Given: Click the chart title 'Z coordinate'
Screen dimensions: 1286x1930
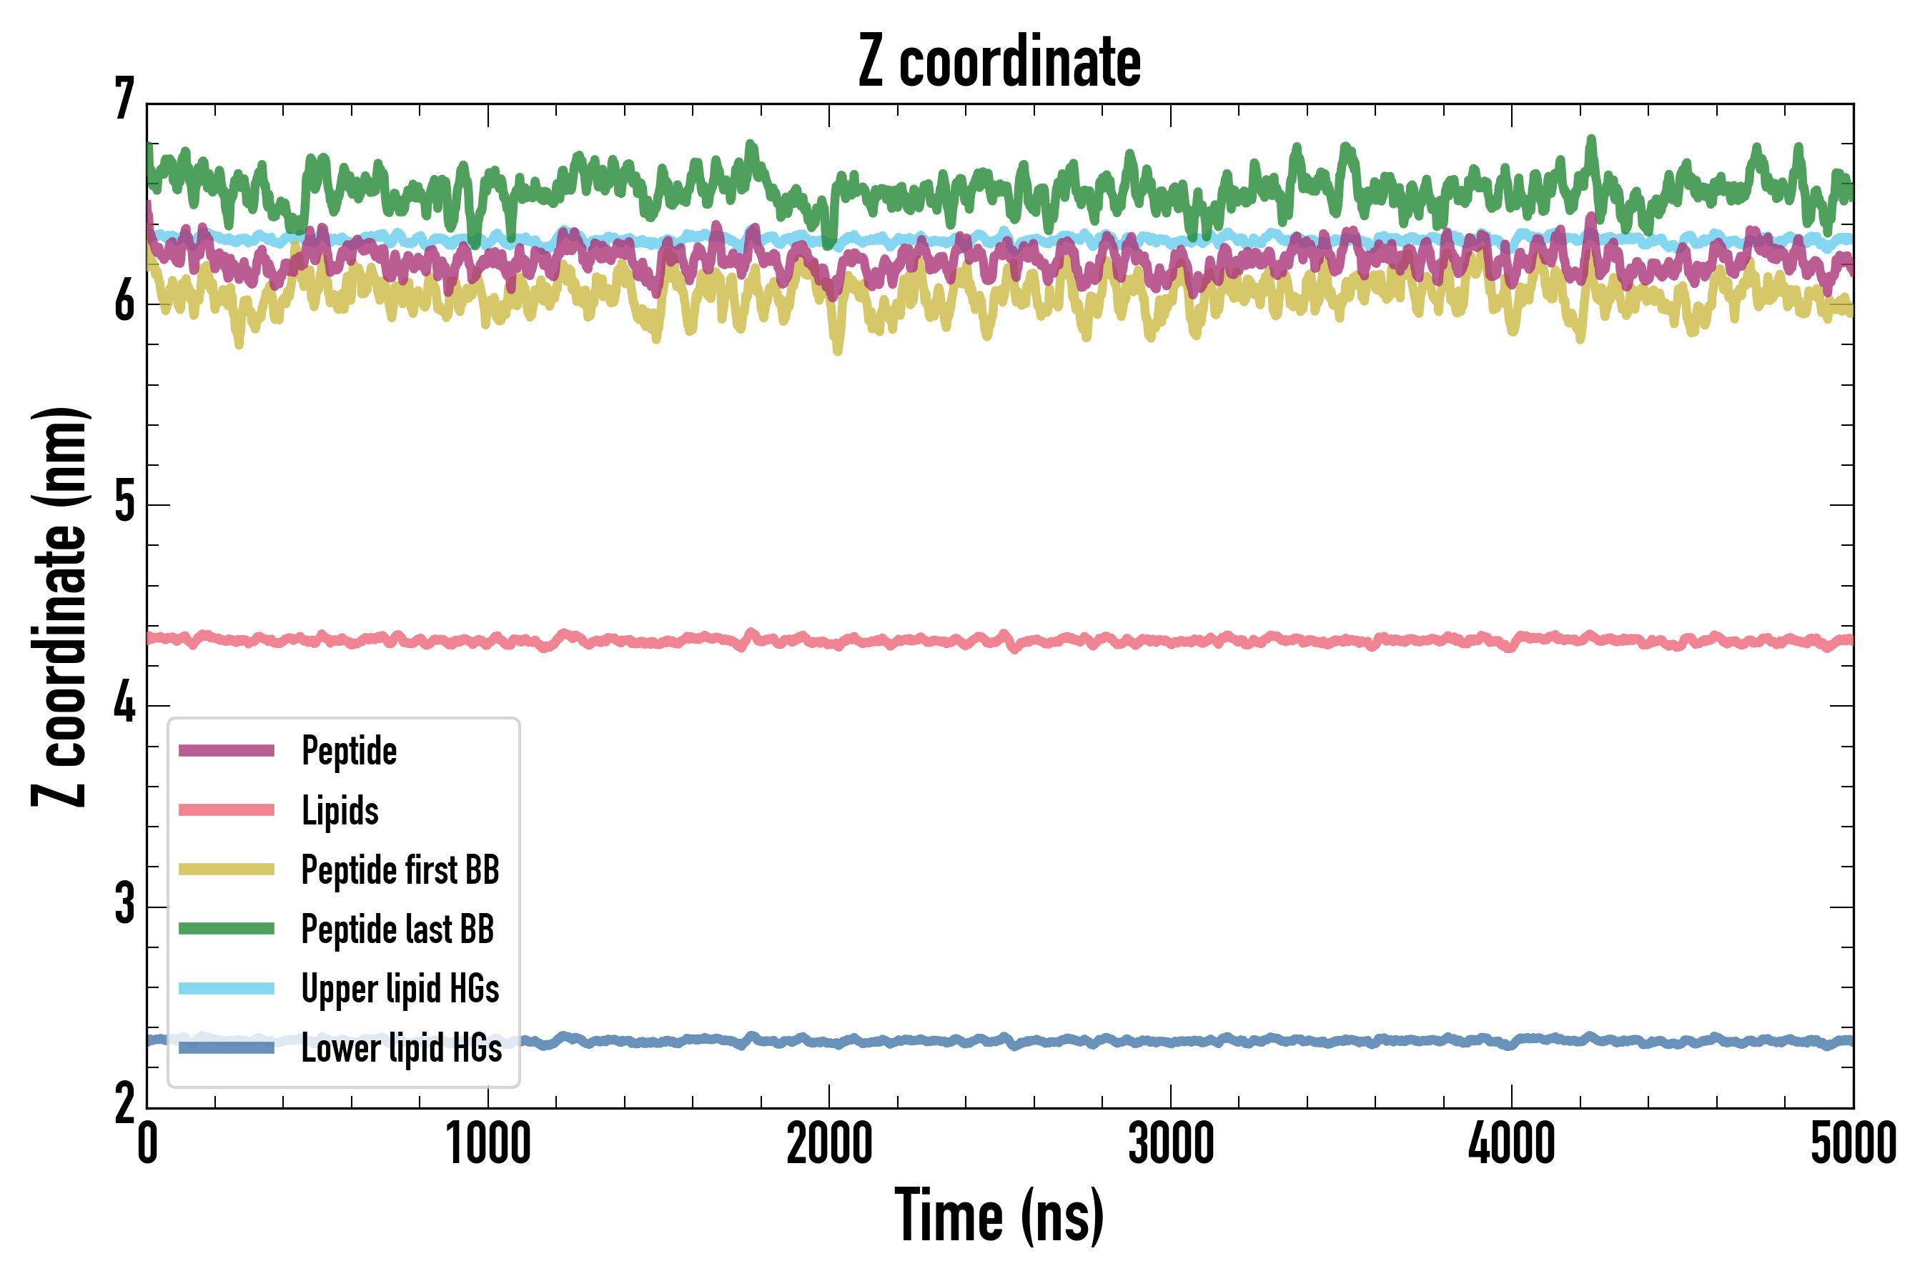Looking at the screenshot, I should coord(999,62).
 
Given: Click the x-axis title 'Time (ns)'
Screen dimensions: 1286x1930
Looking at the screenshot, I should coord(999,1215).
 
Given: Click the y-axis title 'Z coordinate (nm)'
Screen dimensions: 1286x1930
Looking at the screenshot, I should coord(59,607).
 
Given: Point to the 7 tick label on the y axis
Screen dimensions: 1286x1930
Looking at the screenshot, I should coord(124,100).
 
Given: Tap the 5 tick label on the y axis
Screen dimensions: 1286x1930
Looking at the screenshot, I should coord(124,502).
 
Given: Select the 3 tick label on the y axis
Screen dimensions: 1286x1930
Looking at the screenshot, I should coord(124,904).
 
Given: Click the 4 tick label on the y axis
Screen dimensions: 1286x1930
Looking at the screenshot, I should coord(124,704).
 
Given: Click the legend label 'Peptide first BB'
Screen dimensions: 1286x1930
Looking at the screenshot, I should coord(400,870).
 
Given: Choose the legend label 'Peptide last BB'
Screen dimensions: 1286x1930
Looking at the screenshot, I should coord(398,929).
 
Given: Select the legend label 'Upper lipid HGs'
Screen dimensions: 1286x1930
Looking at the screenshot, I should coord(400,988).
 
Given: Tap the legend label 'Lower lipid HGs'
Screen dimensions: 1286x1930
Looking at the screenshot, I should coord(402,1048).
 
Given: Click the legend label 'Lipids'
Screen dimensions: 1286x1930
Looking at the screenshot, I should coord(340,811).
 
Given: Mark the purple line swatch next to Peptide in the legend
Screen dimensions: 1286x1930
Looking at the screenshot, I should coord(227,750).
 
